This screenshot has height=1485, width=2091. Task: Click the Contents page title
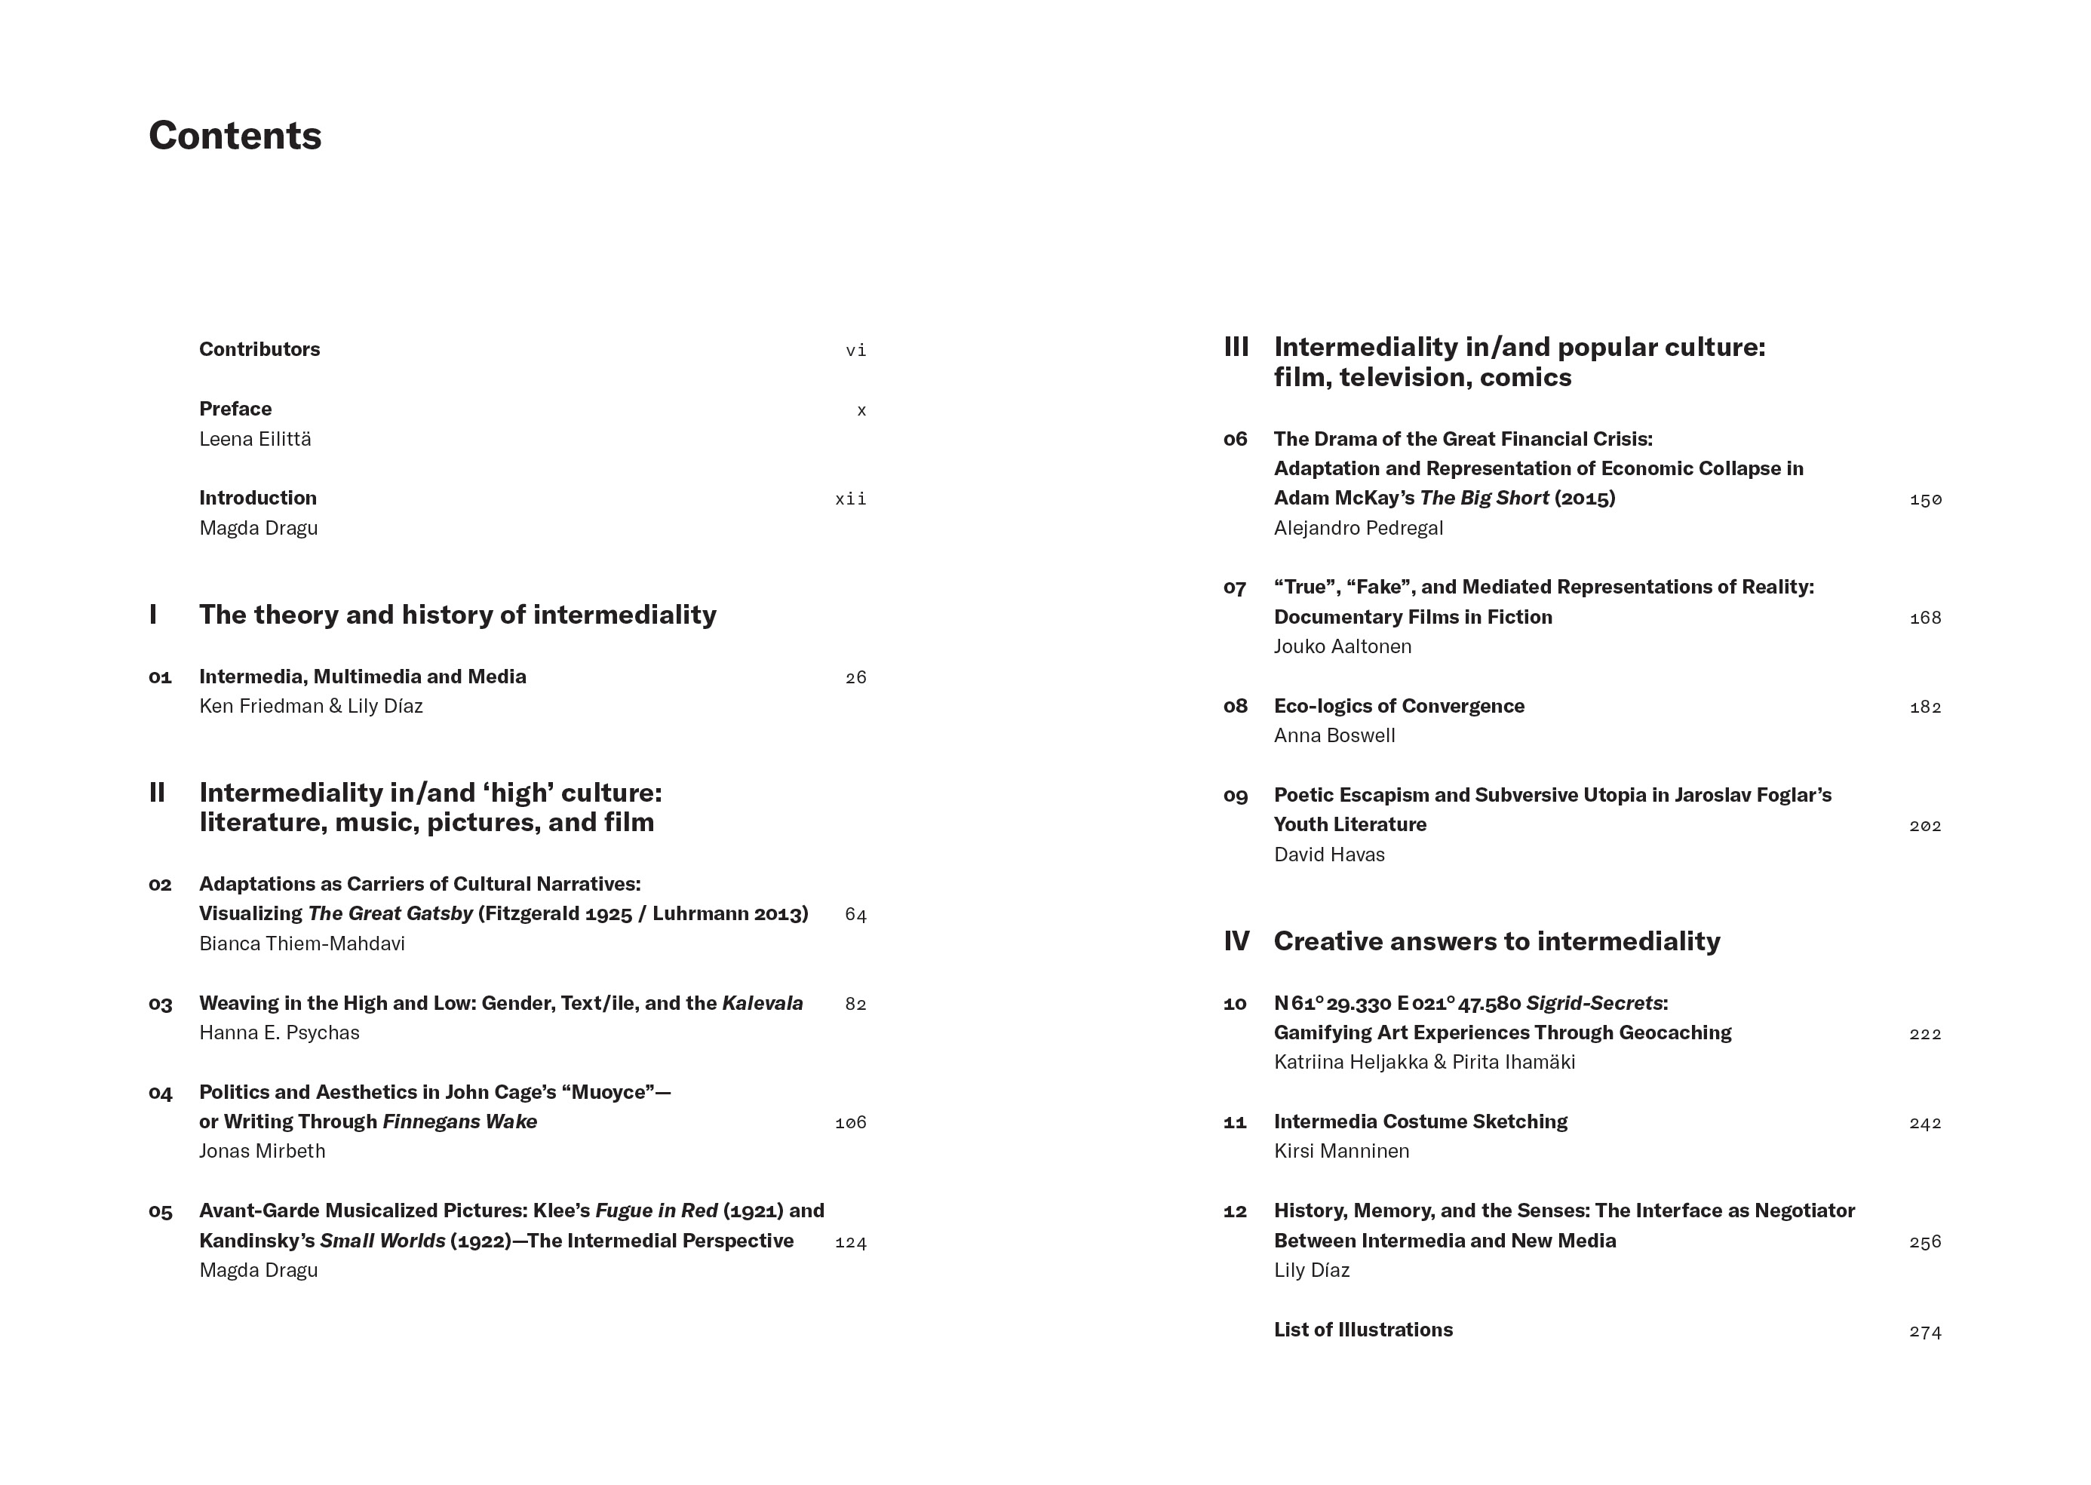tap(235, 135)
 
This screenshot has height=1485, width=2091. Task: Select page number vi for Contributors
tap(855, 350)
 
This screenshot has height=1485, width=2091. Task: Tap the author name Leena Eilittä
tap(255, 439)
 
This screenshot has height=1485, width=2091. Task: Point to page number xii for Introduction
tap(850, 499)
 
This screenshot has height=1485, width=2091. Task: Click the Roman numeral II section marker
tap(157, 793)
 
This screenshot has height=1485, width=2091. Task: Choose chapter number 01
tap(160, 677)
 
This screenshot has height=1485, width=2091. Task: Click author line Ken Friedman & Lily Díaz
tap(311, 706)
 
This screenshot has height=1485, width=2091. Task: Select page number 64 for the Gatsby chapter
tap(855, 914)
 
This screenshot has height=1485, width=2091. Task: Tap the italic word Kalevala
tap(762, 1003)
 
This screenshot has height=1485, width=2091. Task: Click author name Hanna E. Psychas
tap(279, 1032)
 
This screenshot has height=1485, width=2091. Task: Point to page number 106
tap(850, 1123)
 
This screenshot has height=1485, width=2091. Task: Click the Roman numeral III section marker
tap(1236, 348)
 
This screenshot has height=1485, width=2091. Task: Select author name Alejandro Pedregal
tap(1358, 528)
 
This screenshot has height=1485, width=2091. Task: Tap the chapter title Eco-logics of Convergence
tap(1399, 706)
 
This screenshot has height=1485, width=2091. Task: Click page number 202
tap(1924, 826)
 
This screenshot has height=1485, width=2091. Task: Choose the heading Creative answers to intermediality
tap(1497, 941)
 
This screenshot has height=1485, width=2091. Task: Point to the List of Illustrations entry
tap(1362, 1330)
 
